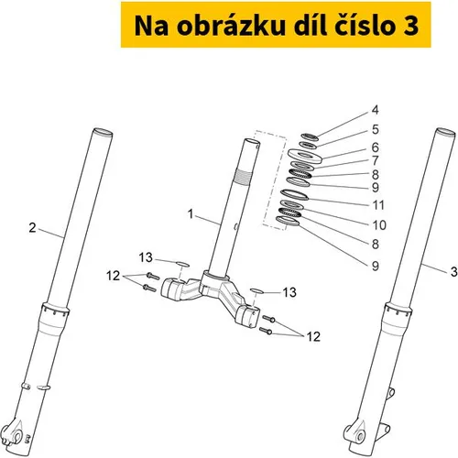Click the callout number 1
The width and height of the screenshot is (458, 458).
191,214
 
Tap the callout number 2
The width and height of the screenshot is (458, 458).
32,228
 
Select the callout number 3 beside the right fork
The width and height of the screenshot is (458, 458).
454,271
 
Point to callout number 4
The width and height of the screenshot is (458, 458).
376,110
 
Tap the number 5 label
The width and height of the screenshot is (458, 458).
376,129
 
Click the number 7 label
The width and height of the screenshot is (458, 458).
376,160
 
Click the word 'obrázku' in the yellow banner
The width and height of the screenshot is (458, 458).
232,26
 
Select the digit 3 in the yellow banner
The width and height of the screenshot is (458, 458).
410,27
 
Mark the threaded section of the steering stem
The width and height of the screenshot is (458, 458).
244,177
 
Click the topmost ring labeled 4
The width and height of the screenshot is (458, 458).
310,137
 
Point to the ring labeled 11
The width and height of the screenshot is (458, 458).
295,194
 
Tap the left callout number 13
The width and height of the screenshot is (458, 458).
146,257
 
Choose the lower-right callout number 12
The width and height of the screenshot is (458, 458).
313,337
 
